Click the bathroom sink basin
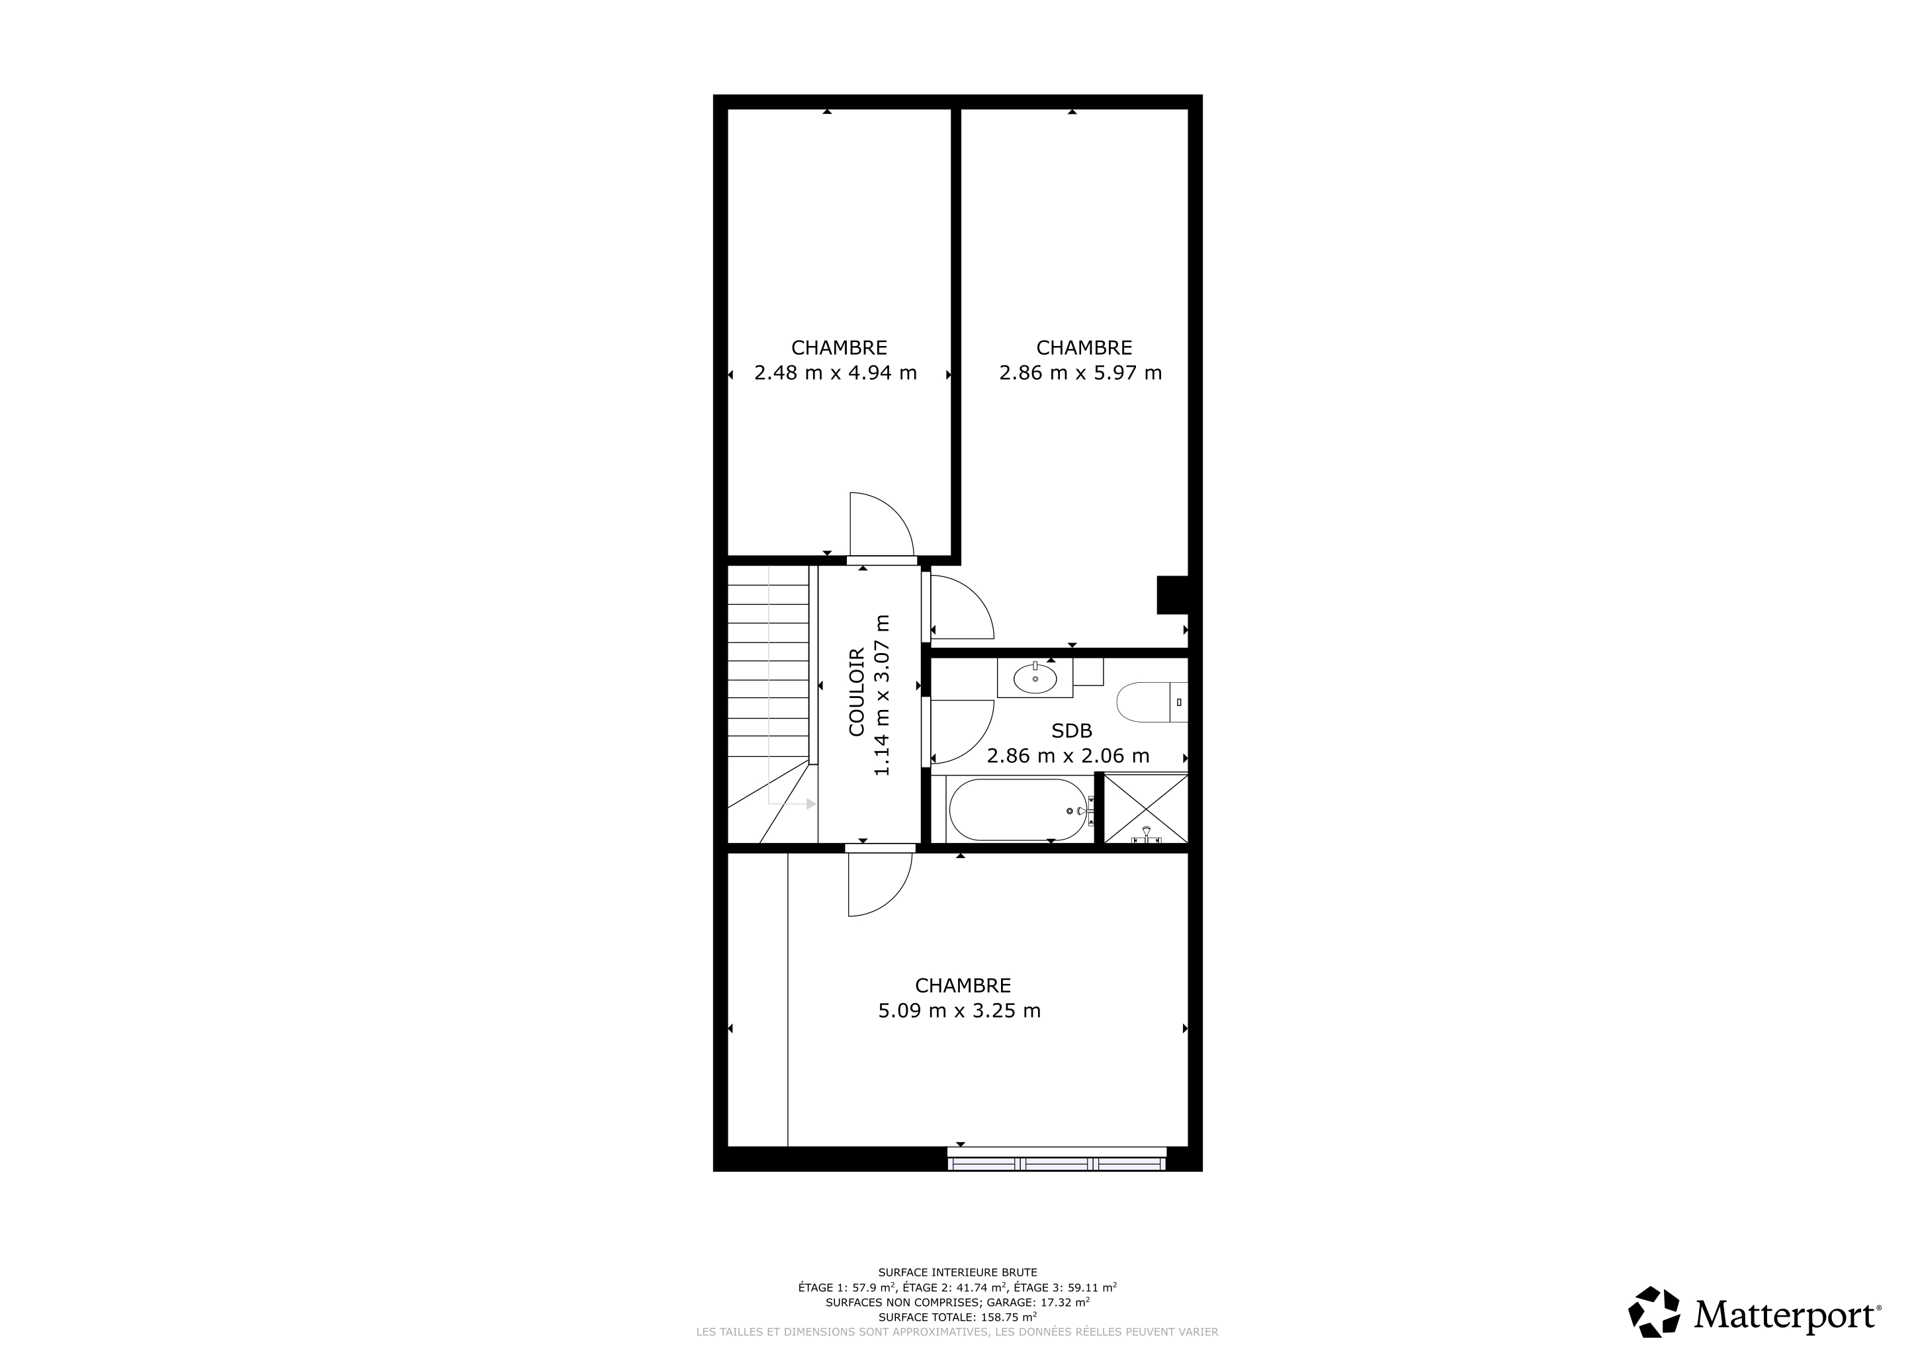point(1035,679)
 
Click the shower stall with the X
point(1146,809)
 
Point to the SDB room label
point(1072,731)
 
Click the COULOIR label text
point(857,693)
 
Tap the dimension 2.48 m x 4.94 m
point(836,373)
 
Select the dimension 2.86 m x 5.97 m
point(1080,373)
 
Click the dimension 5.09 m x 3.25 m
point(960,1011)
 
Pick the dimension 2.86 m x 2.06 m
point(1068,756)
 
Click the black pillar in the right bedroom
point(1172,595)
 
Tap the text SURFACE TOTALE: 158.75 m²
point(957,1317)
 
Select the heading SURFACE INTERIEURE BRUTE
point(957,1273)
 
